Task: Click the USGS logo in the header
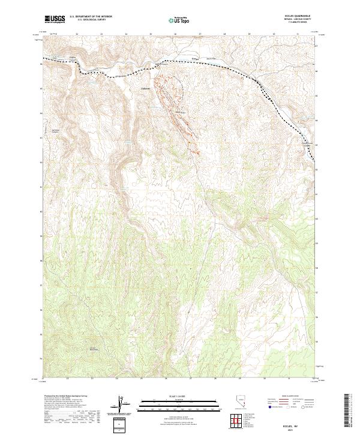pyautogui.click(x=55, y=19)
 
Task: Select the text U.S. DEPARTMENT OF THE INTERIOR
pyautogui.click(x=91, y=17)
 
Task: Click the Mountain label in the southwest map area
pyautogui.click(x=93, y=348)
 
